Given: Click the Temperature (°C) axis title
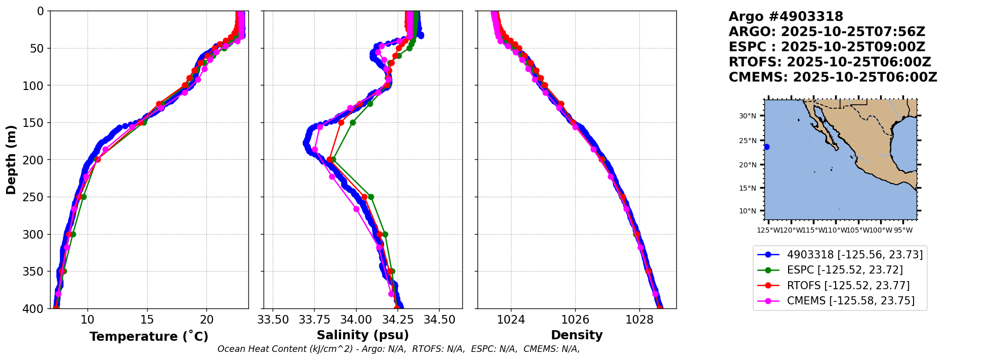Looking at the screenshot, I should (149, 336).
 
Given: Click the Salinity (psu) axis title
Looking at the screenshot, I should (363, 335).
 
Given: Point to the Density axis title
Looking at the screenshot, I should (577, 335).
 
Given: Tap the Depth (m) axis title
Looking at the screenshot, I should (11, 160).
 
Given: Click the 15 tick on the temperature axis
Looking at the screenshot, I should (147, 320).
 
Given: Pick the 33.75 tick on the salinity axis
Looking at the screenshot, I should (314, 320).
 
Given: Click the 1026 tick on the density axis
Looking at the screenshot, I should (575, 320).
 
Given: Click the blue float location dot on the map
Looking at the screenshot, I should (766, 147).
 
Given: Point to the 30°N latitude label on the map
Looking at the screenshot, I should (748, 116).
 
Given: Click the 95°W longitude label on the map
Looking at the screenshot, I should (903, 231).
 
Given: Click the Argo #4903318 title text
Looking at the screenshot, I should (786, 17).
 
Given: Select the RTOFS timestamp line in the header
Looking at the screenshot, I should (830, 62).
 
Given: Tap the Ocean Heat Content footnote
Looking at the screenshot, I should (398, 349).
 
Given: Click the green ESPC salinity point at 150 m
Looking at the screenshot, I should (353, 122).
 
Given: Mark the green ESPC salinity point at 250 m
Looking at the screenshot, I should (371, 197).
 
